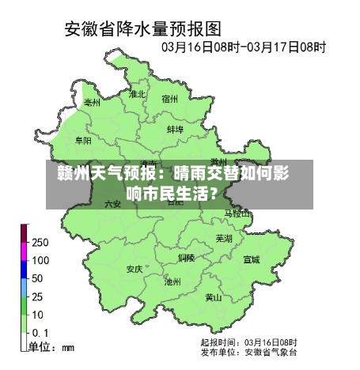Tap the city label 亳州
(x=93, y=103)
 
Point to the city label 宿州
(x=170, y=100)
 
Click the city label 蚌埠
(x=175, y=129)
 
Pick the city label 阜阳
(x=83, y=140)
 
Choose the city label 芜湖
(x=225, y=238)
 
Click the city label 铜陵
(x=186, y=258)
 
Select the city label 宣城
(x=251, y=259)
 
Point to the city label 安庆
(x=134, y=269)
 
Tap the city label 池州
(x=172, y=281)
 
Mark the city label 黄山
(x=214, y=298)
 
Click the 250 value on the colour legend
(x=40, y=242)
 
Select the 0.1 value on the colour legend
(x=40, y=333)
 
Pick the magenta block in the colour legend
(x=25, y=251)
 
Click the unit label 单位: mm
(x=51, y=347)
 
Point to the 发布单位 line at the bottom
(x=248, y=351)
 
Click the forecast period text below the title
(x=244, y=47)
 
